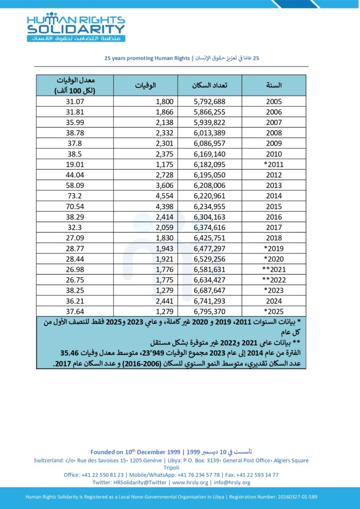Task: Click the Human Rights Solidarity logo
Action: click(x=76, y=27)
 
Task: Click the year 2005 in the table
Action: click(x=274, y=101)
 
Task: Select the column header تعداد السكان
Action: click(x=210, y=85)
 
